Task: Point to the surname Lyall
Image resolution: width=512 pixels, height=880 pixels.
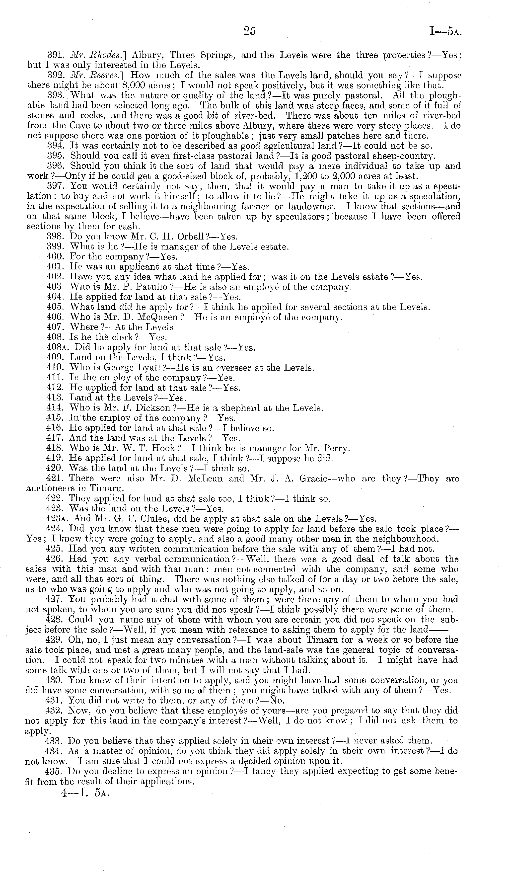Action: pyautogui.click(x=146, y=368)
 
